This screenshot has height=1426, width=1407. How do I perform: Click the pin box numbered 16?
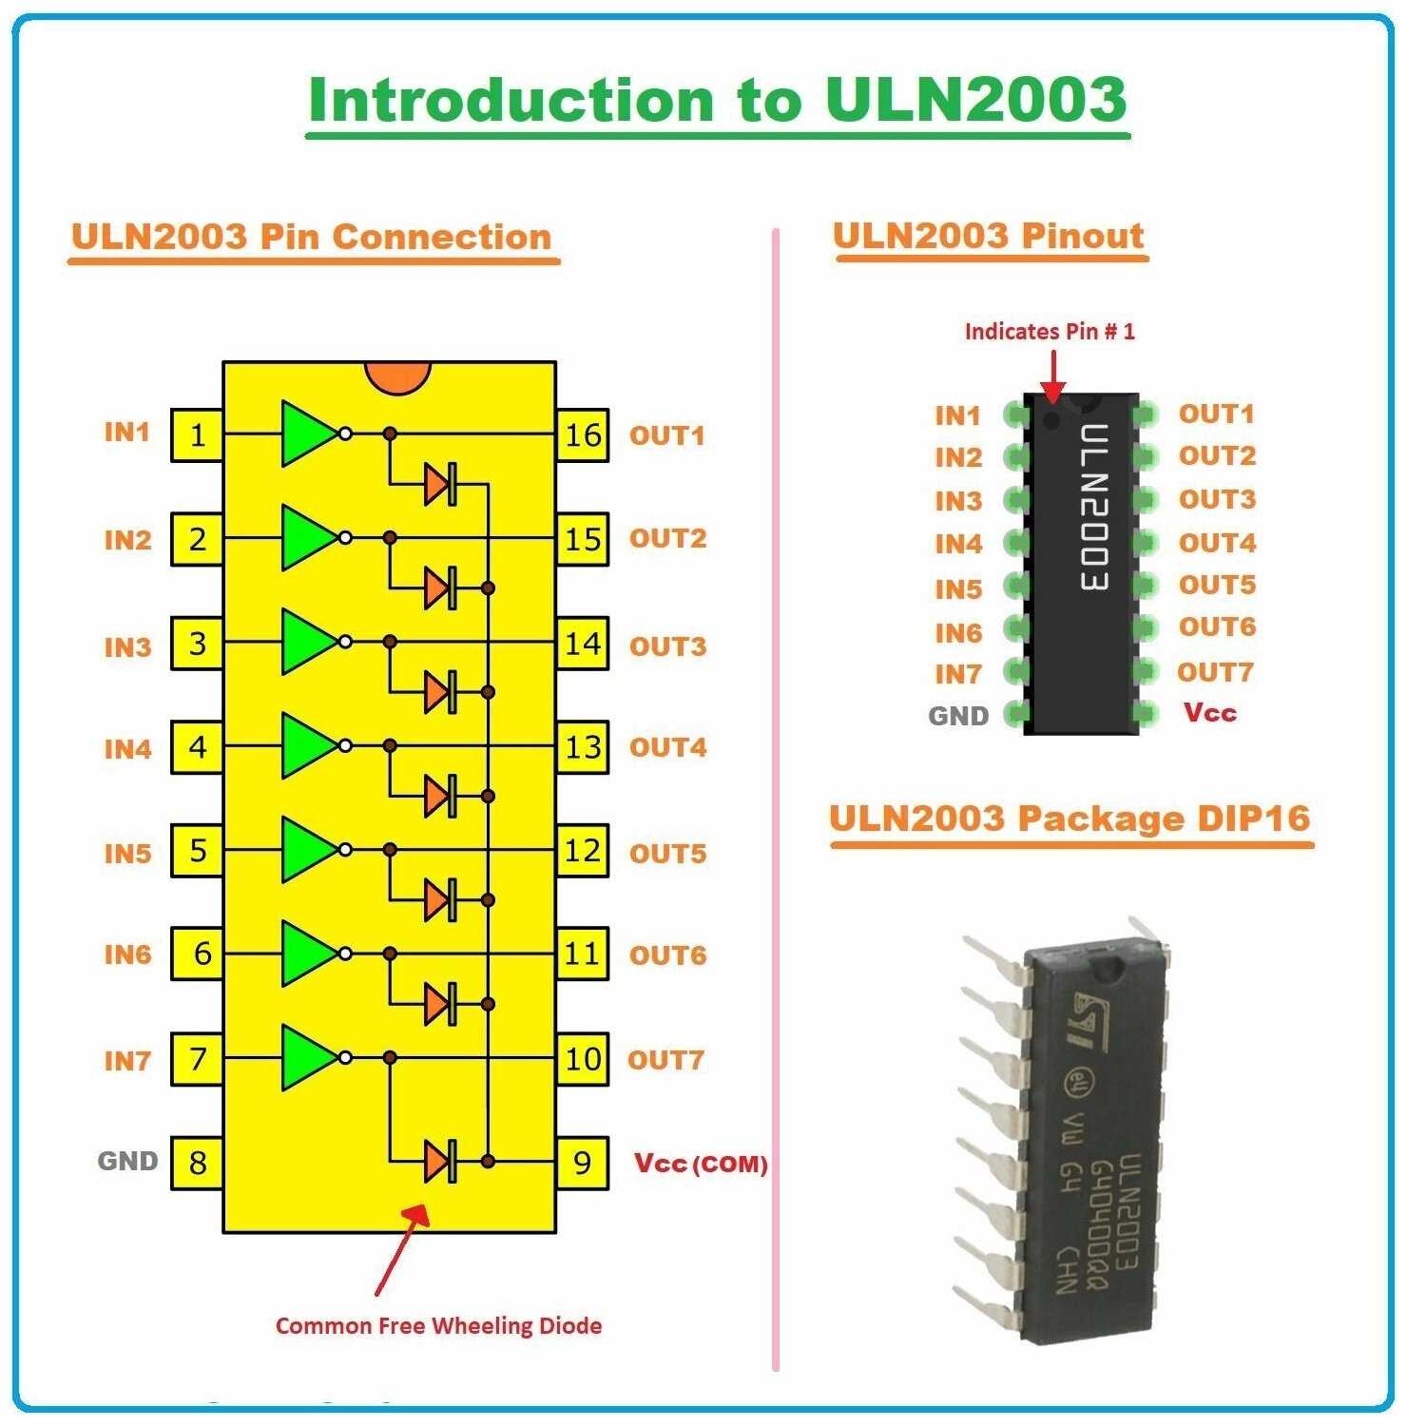coord(582,435)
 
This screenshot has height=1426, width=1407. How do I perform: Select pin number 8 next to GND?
coord(197,1163)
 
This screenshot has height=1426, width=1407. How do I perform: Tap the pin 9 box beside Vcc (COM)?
coord(582,1163)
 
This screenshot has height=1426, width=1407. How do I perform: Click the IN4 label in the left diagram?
coord(127,749)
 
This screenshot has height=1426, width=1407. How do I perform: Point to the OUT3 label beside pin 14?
coord(667,646)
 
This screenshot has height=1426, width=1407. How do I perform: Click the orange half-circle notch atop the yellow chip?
coord(398,376)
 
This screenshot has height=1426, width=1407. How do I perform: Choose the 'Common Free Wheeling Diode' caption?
coord(438,1325)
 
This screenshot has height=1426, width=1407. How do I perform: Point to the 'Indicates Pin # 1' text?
coord(1050,331)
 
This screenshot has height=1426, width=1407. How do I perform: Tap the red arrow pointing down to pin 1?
coord(1052,376)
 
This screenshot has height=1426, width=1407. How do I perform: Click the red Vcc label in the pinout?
coord(1209,712)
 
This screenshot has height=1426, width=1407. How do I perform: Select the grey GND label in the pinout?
coord(958,716)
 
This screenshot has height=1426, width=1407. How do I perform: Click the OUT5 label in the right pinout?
coord(1217,585)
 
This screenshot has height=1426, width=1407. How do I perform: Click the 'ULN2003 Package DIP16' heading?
coord(1070,819)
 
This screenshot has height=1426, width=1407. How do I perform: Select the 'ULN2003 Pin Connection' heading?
coord(311,237)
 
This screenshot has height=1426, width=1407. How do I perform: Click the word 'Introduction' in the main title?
coord(511,100)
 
